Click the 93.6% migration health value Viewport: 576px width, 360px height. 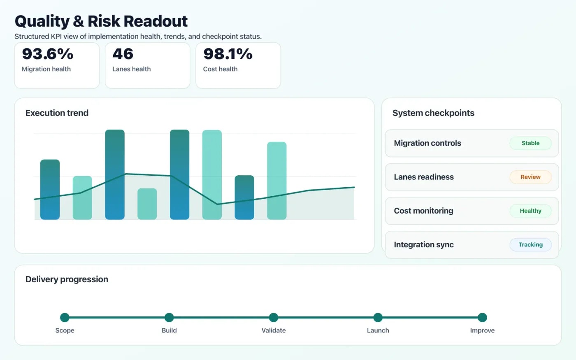48,54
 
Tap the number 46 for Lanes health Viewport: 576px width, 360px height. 123,54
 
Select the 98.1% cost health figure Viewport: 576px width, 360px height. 228,54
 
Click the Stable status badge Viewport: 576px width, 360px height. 530,143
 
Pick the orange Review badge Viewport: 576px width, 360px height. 530,177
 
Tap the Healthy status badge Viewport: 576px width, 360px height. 530,211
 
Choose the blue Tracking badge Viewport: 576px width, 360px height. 530,245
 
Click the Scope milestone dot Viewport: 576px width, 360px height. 65,317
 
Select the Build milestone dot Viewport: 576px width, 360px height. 169,317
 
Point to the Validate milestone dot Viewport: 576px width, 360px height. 274,317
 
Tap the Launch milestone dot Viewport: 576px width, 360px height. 378,317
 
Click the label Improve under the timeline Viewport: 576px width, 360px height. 482,330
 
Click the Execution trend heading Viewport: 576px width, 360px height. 57,113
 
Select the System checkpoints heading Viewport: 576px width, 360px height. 433,113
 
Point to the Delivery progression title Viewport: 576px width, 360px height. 67,279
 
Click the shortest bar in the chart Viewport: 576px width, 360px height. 147,204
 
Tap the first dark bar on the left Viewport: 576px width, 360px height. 50,189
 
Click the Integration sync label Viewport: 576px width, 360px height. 423,245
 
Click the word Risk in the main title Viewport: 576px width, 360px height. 104,21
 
